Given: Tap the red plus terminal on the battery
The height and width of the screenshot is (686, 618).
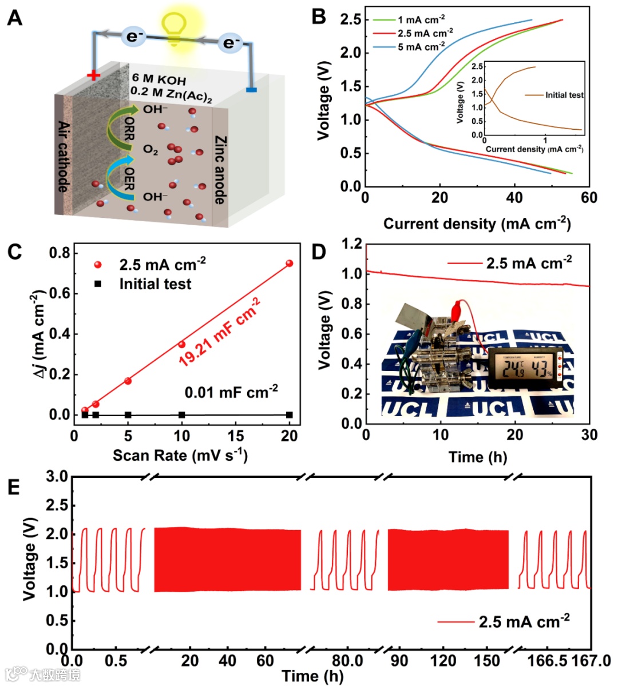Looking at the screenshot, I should pyautogui.click(x=93, y=75).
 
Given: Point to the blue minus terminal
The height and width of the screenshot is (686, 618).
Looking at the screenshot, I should pyautogui.click(x=251, y=90).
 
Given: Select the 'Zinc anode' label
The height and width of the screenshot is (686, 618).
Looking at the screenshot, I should pyautogui.click(x=220, y=170).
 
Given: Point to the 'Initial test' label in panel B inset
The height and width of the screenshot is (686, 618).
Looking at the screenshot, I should pyautogui.click(x=564, y=95).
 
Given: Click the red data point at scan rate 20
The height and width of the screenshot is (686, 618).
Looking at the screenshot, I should pyautogui.click(x=289, y=263).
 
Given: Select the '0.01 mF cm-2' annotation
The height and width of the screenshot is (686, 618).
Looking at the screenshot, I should pyautogui.click(x=231, y=392).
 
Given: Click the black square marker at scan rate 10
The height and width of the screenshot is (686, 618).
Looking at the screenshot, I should pyautogui.click(x=181, y=415).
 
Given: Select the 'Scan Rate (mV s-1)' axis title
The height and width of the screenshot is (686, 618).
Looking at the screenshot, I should pyautogui.click(x=180, y=456).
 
